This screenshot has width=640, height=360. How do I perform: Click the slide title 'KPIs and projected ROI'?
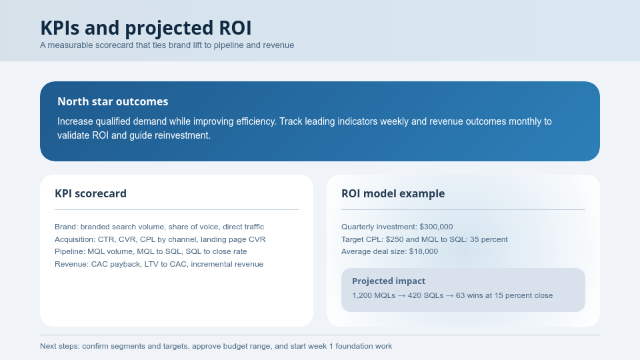click(x=145, y=28)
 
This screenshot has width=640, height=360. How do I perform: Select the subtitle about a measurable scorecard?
click(x=167, y=45)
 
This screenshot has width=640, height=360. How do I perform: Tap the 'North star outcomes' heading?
click(x=113, y=101)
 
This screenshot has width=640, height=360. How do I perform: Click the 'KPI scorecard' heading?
click(x=91, y=194)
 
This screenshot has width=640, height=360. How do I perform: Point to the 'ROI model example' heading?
click(x=393, y=194)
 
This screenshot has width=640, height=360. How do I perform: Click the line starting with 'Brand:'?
click(x=159, y=227)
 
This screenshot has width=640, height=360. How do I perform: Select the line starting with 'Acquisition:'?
click(x=160, y=239)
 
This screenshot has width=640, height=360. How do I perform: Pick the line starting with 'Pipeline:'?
click(x=151, y=251)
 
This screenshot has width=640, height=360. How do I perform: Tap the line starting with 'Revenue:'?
click(x=159, y=264)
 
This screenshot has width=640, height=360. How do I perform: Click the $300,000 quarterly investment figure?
click(x=436, y=227)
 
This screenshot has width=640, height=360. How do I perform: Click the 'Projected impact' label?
click(x=389, y=281)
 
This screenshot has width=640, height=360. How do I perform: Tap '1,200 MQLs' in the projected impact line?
click(x=373, y=295)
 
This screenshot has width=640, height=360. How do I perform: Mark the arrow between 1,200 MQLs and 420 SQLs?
click(x=402, y=295)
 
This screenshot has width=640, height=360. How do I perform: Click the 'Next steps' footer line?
click(x=216, y=346)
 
